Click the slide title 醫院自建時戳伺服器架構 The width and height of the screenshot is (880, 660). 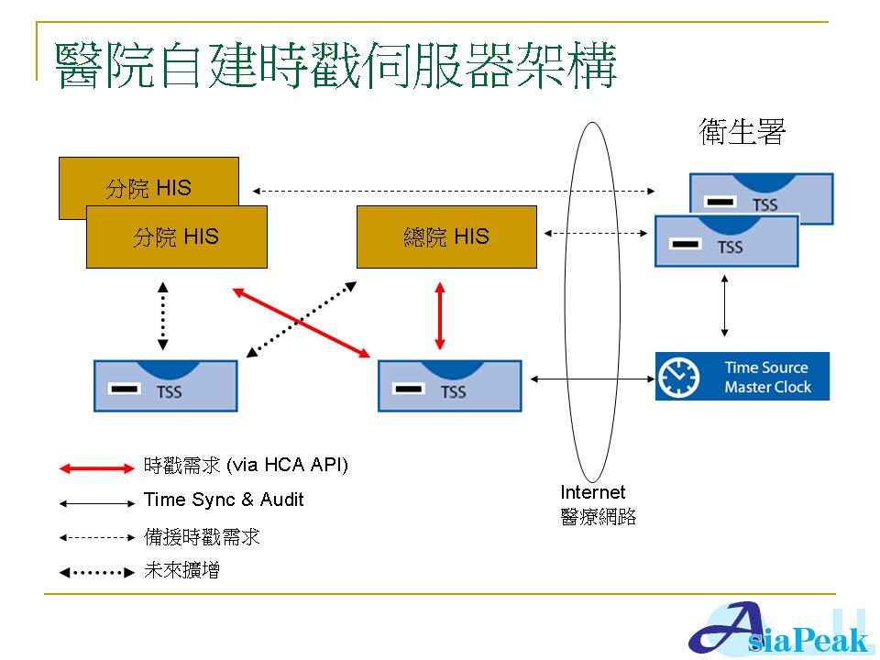[335, 64]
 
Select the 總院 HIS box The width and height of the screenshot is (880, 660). [446, 236]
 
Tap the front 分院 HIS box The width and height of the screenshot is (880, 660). [176, 236]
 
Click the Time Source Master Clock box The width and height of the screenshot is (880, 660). [742, 377]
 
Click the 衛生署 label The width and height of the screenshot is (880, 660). [742, 134]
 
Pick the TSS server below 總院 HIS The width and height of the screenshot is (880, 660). [449, 386]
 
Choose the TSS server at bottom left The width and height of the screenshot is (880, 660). [166, 386]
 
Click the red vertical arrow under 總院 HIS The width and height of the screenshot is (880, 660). [440, 316]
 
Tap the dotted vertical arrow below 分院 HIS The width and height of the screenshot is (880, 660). [163, 316]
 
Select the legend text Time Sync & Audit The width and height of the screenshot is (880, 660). [224, 500]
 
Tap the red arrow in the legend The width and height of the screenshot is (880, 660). [97, 468]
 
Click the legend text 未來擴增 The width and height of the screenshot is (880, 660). [182, 571]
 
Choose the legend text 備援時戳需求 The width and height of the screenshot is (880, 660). [202, 536]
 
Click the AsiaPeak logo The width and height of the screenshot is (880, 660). [779, 631]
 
